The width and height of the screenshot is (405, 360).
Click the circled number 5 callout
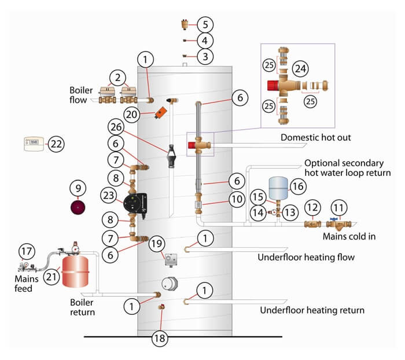point(205,24)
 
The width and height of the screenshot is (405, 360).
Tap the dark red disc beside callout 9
point(78,207)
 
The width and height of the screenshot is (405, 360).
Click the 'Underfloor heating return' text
point(312,310)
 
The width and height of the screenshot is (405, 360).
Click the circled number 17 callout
point(25,252)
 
